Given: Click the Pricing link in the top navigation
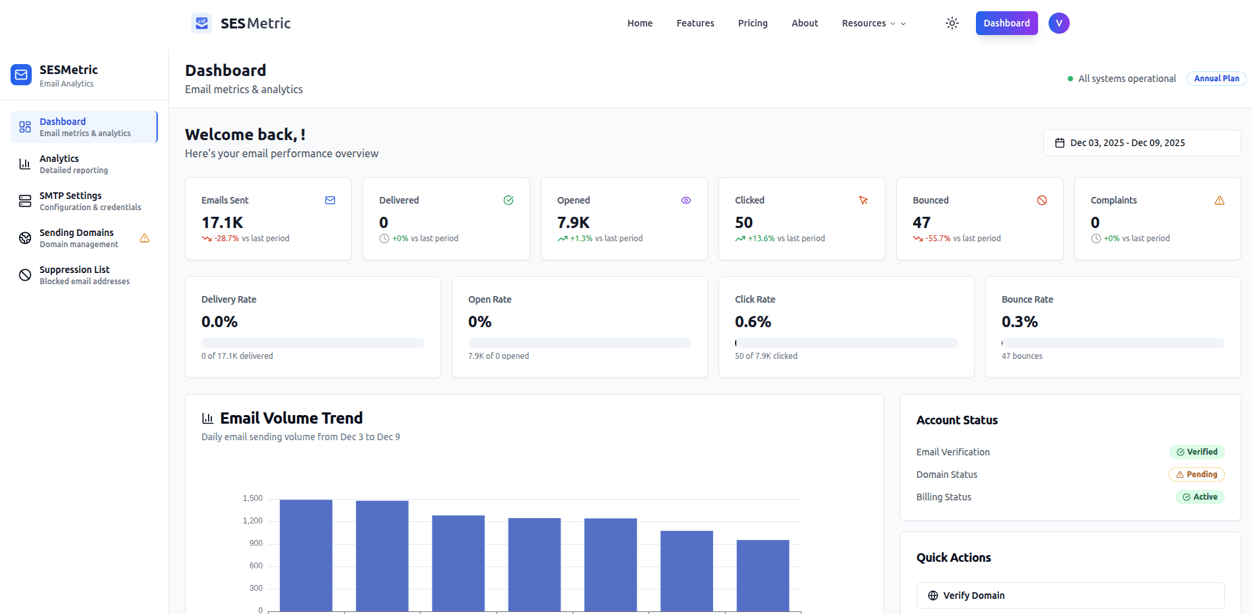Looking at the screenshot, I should coord(753,23).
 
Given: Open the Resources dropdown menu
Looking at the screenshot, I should coord(873,23).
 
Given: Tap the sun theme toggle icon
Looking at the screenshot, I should coord(952,23).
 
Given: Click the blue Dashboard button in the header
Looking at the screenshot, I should coord(1006,23).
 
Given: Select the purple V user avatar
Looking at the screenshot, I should coord(1059,23).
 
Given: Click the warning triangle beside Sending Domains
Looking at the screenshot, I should coord(145,238).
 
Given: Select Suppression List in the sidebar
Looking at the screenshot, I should coord(75,275).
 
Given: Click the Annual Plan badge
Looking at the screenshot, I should coord(1216,79).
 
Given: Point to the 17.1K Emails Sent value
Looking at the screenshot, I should coord(223,223).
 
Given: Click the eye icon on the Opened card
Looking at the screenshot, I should coord(686,200).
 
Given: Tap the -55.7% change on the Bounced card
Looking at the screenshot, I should coord(938,239).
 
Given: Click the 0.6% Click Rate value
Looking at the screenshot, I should coord(753,322).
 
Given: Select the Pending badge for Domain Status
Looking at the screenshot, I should coord(1197,475).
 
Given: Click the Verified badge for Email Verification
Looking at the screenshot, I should coord(1197,452).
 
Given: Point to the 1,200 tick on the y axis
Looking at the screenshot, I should coord(252,521).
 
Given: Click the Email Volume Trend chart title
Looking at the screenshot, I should coord(291,418).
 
